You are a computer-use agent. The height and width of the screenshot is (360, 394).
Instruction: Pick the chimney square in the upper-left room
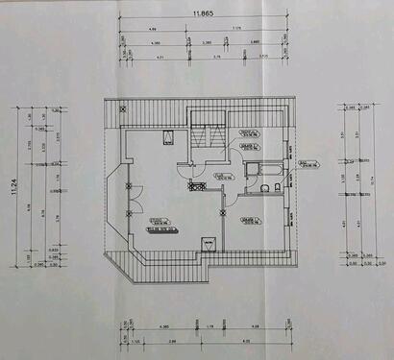tap(168, 136)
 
